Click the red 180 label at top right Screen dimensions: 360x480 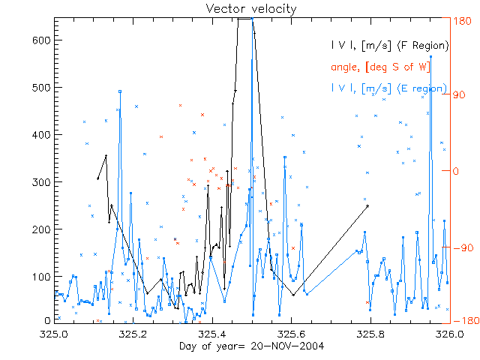click(x=462, y=21)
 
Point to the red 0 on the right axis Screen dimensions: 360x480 click(x=457, y=171)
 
